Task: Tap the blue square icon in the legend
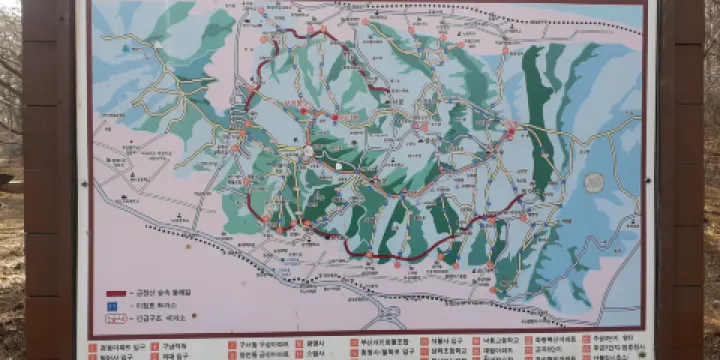112,305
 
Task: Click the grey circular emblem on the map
594,183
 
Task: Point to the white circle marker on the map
308,152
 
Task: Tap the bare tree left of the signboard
12,60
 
